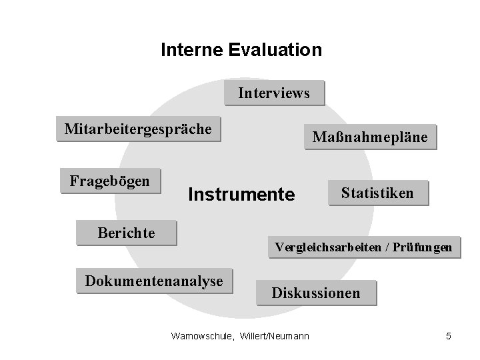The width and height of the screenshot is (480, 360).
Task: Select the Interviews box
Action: point(274,93)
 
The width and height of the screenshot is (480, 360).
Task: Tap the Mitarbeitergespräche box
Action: point(138,129)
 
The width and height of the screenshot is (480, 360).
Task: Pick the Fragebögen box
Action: point(110,181)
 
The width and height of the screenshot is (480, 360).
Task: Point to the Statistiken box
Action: point(377,193)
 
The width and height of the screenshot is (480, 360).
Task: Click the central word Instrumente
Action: point(241,195)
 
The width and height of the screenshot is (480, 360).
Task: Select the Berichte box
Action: point(126,233)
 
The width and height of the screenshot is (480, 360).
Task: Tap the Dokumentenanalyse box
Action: point(153,281)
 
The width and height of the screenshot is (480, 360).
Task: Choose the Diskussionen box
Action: point(315,293)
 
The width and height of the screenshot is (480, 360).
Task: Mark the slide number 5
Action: point(449,337)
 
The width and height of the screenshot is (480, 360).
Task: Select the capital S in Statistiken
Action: point(345,193)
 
